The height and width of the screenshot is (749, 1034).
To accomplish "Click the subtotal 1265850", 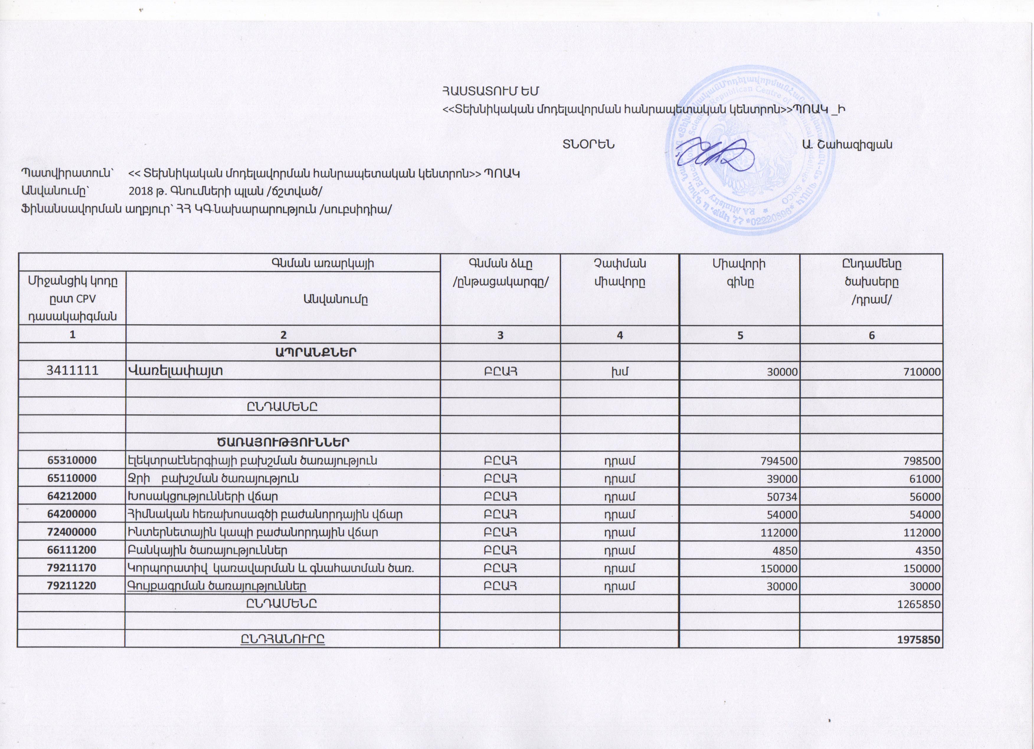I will [x=918, y=604].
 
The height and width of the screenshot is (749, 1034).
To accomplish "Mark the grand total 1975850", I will [x=918, y=640].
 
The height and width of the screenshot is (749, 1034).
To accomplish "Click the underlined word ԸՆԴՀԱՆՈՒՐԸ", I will [x=283, y=640].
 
